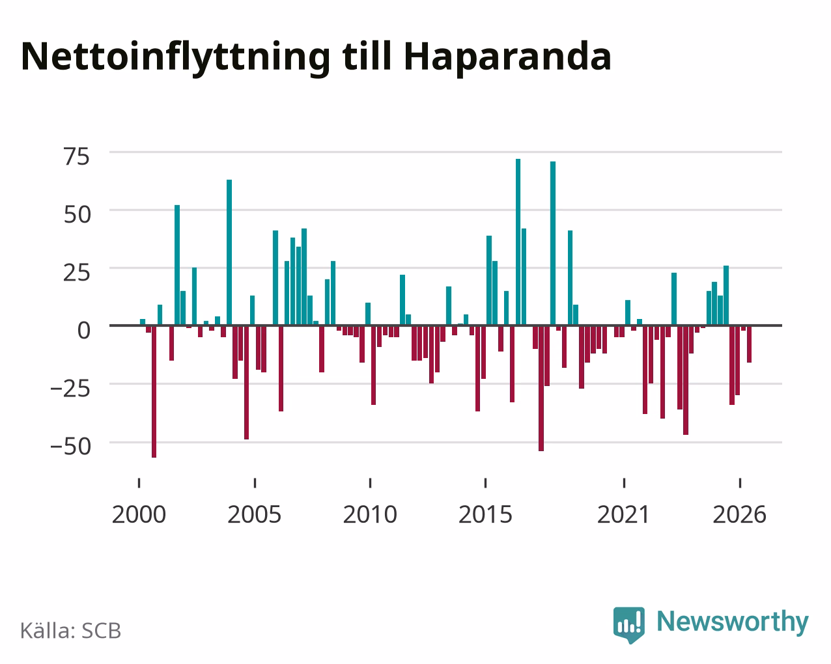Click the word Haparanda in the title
(507, 57)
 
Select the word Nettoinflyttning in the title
(175, 57)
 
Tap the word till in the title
(367, 56)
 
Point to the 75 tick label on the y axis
(77, 157)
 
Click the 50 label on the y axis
(77, 215)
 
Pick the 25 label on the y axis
(77, 273)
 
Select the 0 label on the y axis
(84, 331)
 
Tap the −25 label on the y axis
(71, 389)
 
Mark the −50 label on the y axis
(71, 447)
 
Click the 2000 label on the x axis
(139, 514)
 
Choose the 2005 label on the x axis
(254, 514)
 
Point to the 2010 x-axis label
(370, 514)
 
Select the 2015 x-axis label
(485, 514)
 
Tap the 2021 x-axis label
(624, 514)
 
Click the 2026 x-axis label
(739, 514)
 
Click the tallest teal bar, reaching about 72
(518, 242)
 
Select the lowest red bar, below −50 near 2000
(154, 391)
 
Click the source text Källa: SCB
(71, 631)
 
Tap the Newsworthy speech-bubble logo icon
(629, 625)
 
